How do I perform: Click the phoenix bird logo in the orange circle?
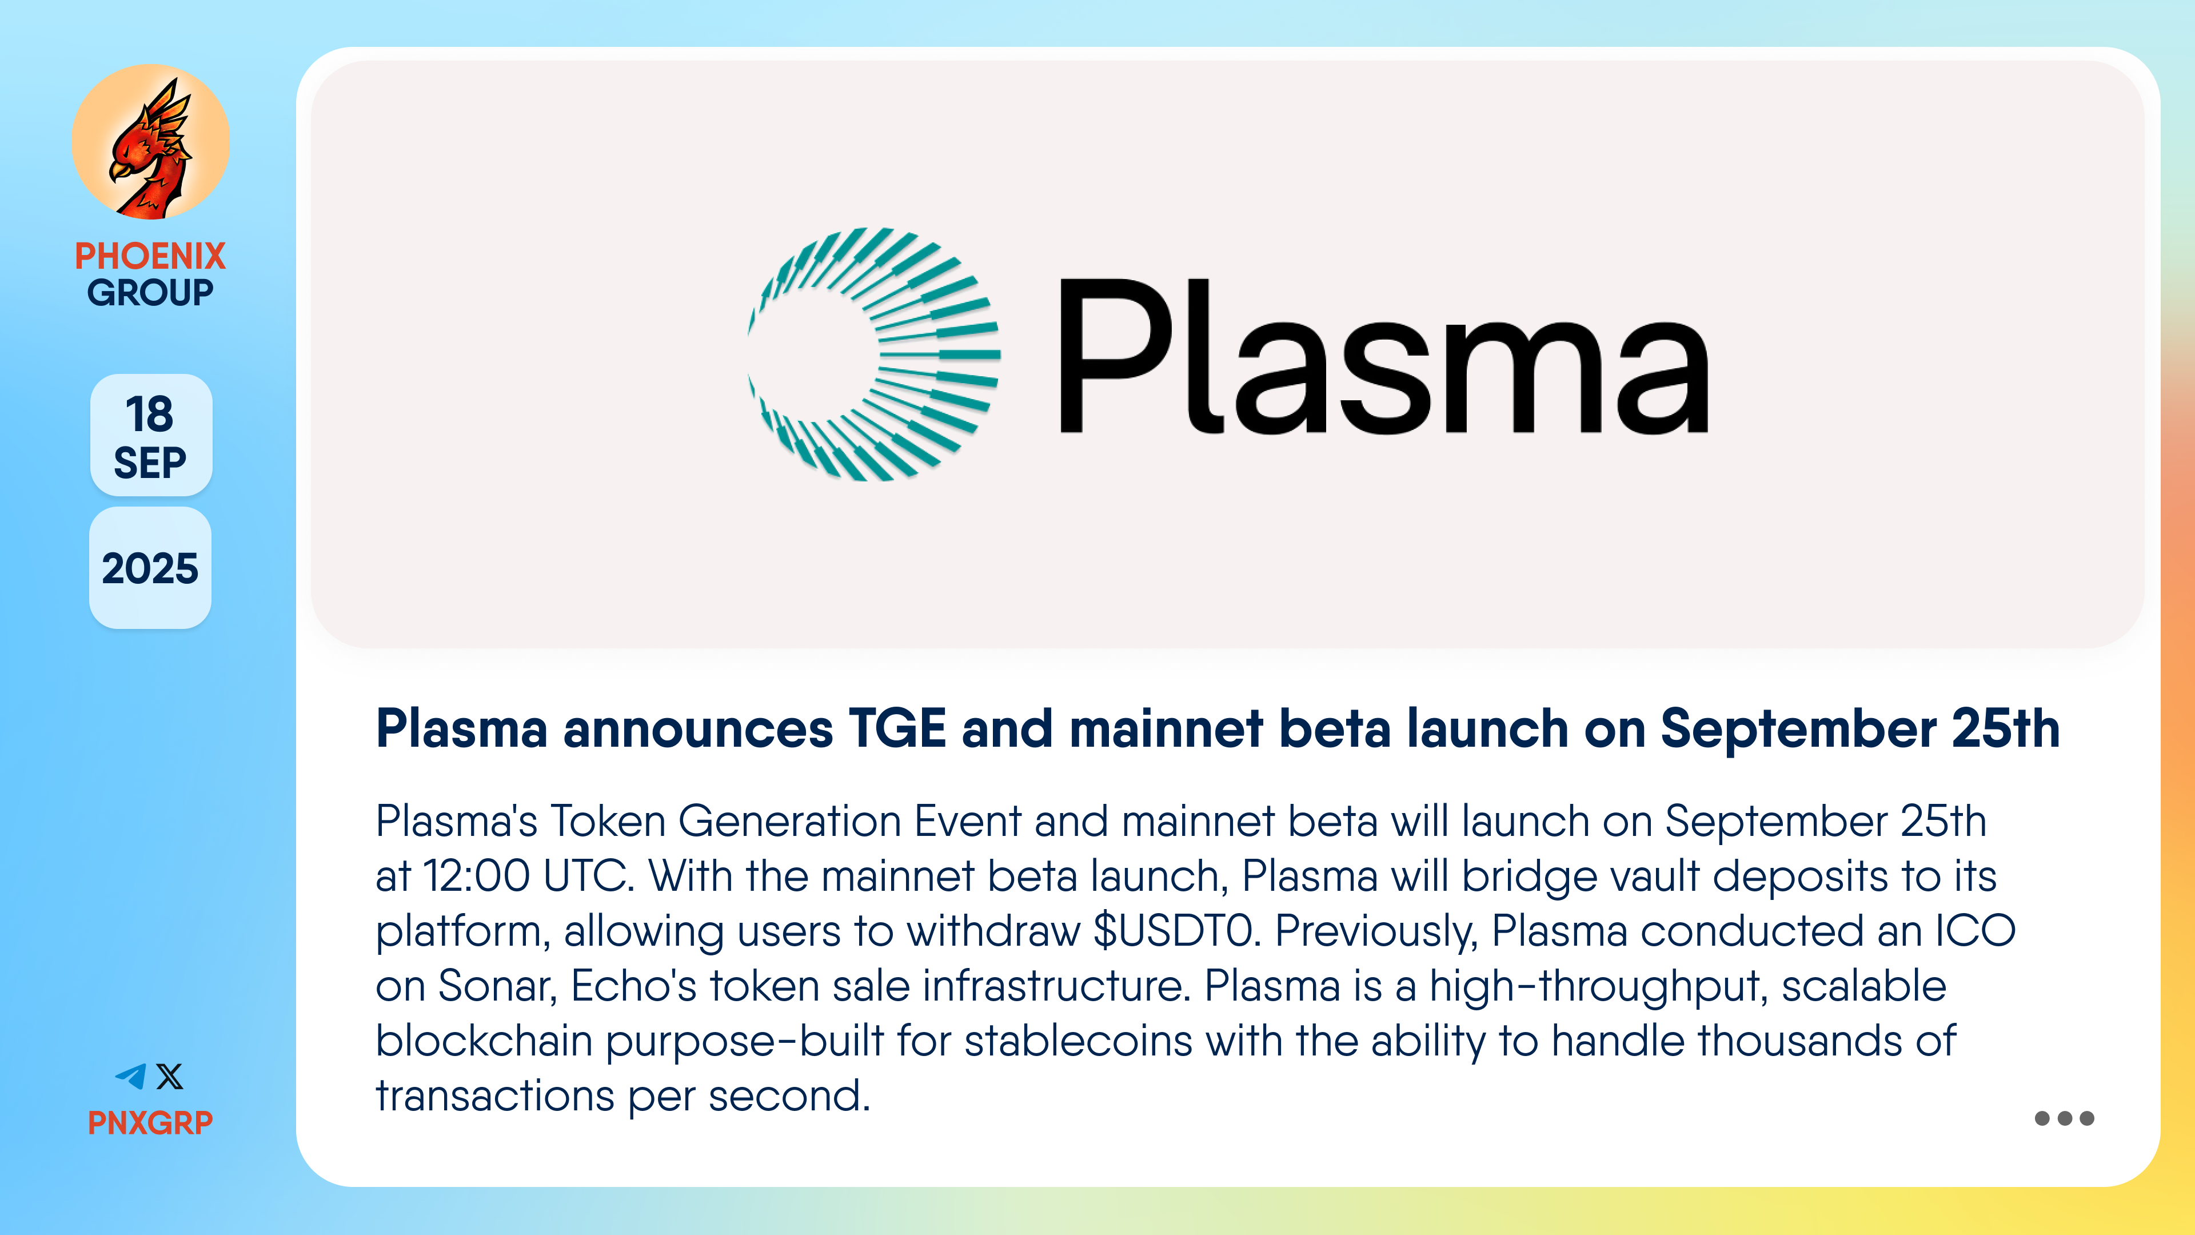pos(151,143)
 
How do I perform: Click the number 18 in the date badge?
pos(149,414)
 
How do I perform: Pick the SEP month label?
pos(150,463)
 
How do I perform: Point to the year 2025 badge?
pos(150,568)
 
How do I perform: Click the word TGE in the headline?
pos(897,729)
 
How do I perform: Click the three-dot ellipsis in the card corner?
pos(2064,1118)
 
